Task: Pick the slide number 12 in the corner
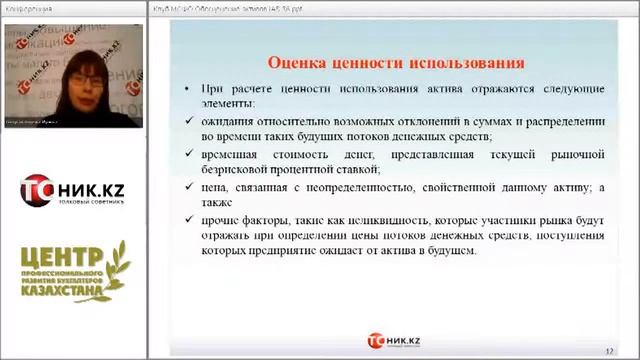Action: pos(609,341)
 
